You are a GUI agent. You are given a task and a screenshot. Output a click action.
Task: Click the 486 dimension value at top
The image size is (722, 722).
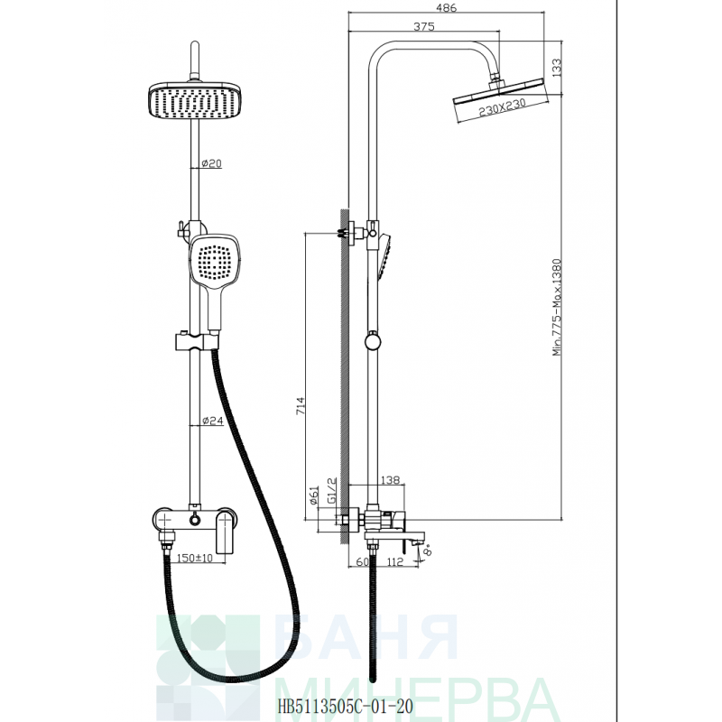pyautogui.click(x=446, y=8)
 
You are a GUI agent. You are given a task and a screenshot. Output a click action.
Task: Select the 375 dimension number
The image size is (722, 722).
pyautogui.click(x=423, y=27)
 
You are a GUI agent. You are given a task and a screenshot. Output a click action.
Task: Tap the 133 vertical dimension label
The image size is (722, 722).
pyautogui.click(x=556, y=69)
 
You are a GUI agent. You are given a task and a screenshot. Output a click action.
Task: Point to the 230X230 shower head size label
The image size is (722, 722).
pyautogui.click(x=502, y=109)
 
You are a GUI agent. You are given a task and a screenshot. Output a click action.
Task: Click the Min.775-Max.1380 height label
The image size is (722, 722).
pyautogui.click(x=557, y=307)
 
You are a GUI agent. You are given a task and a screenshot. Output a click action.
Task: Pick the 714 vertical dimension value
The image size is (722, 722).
pyautogui.click(x=300, y=405)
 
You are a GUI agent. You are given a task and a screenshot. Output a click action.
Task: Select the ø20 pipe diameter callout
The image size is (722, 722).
pyautogui.click(x=212, y=163)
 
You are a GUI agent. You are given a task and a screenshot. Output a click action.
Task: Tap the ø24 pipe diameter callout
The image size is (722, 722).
pyautogui.click(x=213, y=421)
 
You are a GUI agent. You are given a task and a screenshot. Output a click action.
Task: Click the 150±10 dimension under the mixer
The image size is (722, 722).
pyautogui.click(x=195, y=558)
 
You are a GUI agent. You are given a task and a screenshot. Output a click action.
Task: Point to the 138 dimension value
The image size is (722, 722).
pyautogui.click(x=391, y=480)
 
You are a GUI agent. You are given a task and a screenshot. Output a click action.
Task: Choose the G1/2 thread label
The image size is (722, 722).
pyautogui.click(x=332, y=491)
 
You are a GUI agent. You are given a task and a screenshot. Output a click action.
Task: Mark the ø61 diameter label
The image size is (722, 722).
pyautogui.click(x=313, y=495)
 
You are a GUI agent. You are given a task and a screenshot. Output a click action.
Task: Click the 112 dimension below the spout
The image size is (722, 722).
pyautogui.click(x=394, y=561)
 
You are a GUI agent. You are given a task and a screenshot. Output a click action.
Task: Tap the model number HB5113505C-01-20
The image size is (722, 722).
pyautogui.click(x=345, y=706)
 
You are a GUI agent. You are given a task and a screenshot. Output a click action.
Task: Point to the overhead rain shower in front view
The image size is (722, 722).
pyautogui.click(x=195, y=100)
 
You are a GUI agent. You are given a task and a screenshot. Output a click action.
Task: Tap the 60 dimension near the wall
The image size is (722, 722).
pyautogui.click(x=363, y=561)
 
